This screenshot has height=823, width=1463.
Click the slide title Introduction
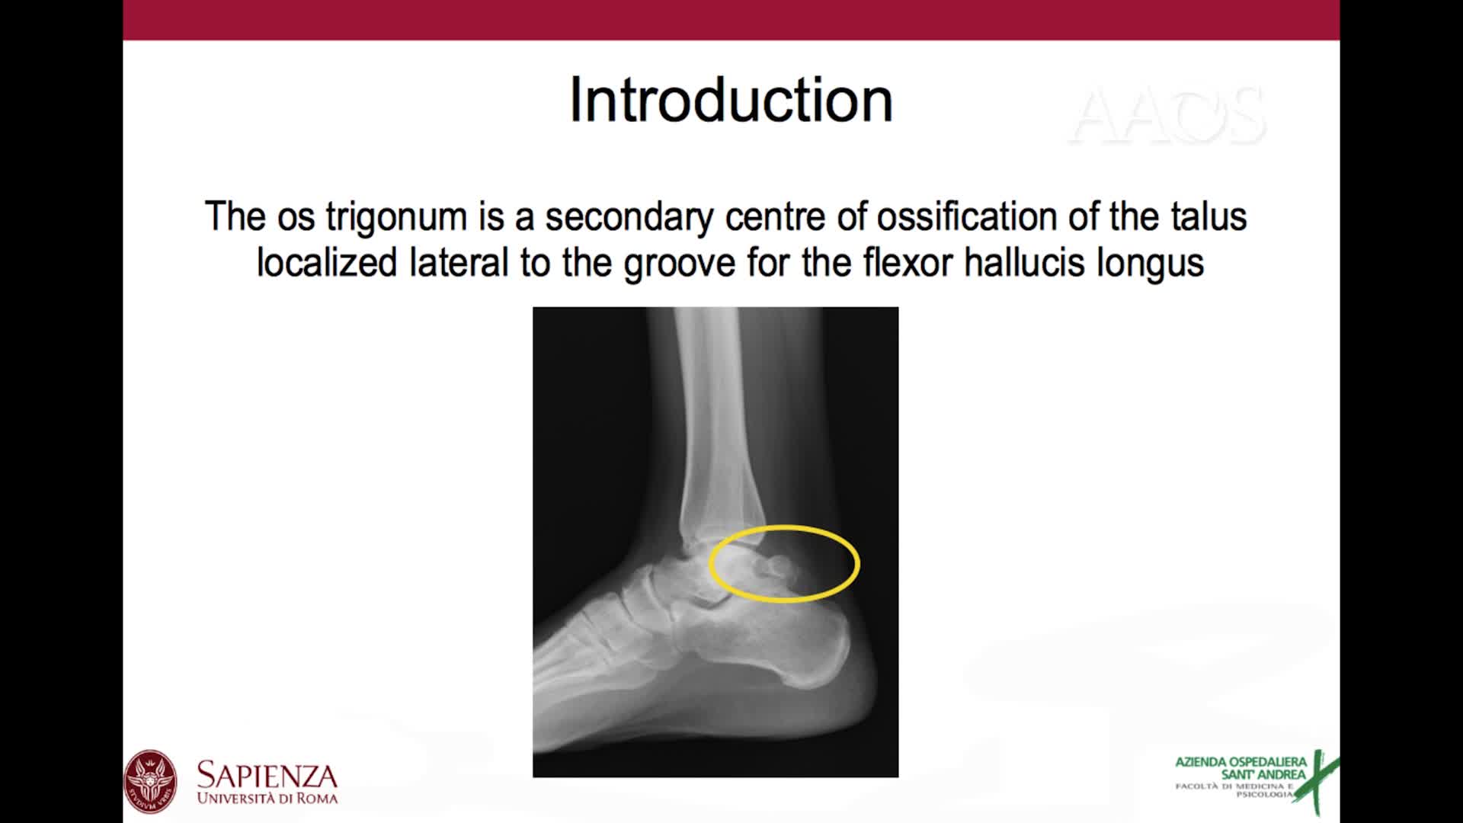(731, 100)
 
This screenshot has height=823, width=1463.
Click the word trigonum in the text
(396, 217)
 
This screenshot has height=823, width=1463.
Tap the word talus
(1208, 217)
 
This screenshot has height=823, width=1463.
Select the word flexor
(907, 264)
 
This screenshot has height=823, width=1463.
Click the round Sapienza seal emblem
(150, 782)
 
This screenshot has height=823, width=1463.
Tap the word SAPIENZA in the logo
(267, 776)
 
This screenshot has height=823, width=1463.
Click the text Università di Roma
(267, 799)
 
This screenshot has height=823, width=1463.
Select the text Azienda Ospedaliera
(1241, 762)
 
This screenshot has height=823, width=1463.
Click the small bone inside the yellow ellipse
(779, 566)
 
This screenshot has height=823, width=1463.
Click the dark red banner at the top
(731, 20)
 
